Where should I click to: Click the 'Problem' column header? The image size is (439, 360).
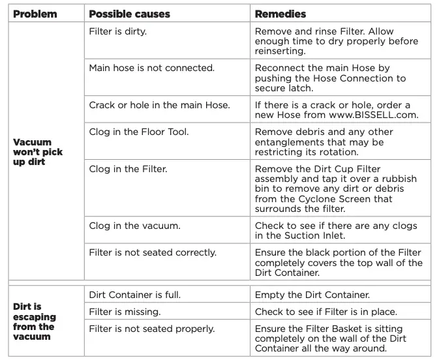tap(35, 14)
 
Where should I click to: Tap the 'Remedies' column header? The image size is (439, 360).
tap(280, 14)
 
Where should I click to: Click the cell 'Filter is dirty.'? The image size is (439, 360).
tap(117, 32)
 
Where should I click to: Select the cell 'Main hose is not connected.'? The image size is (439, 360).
tap(152, 68)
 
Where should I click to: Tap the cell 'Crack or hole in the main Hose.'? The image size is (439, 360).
tap(159, 104)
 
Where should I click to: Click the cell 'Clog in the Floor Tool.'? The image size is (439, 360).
tap(139, 132)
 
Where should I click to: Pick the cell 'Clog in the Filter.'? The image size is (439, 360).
tap(128, 169)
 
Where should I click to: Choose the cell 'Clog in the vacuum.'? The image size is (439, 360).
tap(134, 226)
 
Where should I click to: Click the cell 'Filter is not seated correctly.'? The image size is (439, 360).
tap(153, 253)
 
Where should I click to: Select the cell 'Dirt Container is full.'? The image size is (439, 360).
tap(134, 295)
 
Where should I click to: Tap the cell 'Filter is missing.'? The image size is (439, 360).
tap(125, 312)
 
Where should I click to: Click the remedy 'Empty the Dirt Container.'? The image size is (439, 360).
tap(312, 295)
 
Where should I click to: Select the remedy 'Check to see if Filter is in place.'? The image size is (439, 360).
tap(325, 312)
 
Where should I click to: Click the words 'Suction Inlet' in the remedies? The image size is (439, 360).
tap(314, 235)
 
